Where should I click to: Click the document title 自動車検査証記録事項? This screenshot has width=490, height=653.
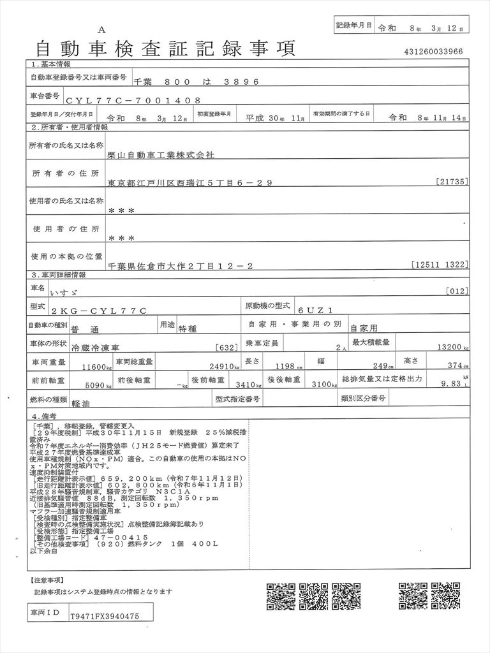(163, 48)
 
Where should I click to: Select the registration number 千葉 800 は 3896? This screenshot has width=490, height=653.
(195, 82)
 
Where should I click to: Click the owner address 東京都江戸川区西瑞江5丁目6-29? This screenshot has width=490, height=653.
(190, 182)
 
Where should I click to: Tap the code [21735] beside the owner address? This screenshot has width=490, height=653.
(453, 182)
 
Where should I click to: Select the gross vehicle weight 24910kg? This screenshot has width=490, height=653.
(220, 367)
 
